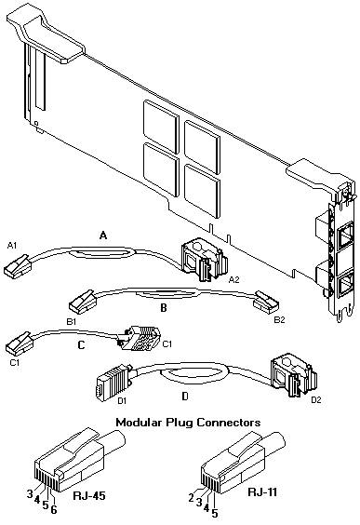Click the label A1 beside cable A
click(x=12, y=246)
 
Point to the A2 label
click(x=233, y=279)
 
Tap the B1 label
click(x=72, y=322)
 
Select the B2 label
click(x=280, y=320)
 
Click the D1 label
click(x=122, y=400)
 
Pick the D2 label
click(x=316, y=399)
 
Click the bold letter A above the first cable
click(x=103, y=236)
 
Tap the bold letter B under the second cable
click(x=164, y=308)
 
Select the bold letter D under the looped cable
click(x=185, y=397)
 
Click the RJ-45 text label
click(x=89, y=495)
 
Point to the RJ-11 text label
click(x=262, y=491)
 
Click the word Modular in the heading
click(x=140, y=423)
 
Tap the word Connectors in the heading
click(x=229, y=423)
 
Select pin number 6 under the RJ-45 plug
click(x=54, y=509)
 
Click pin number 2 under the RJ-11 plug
click(x=191, y=498)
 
